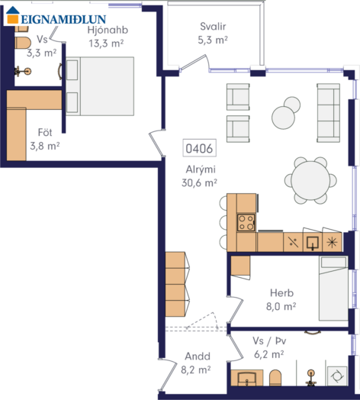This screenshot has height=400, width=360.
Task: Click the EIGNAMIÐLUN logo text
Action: (x=63, y=19)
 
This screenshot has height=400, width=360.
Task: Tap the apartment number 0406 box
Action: (x=199, y=148)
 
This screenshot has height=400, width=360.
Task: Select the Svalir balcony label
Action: (x=213, y=27)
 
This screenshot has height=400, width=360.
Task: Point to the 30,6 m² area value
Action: (x=199, y=183)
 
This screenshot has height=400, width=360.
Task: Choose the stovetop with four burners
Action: (x=246, y=222)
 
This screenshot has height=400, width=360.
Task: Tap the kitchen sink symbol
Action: (x=312, y=243)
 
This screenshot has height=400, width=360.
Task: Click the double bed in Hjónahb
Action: (x=100, y=86)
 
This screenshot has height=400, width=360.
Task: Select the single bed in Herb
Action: (x=333, y=289)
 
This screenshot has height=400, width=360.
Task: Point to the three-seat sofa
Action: (x=329, y=113)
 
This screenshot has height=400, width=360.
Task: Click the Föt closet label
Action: (x=45, y=132)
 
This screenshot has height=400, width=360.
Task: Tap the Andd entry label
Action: (x=198, y=356)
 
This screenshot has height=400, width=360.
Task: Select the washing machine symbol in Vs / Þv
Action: (x=337, y=376)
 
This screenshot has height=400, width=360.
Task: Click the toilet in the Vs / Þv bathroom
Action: (x=275, y=378)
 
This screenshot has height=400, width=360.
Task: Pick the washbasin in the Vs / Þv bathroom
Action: (x=247, y=378)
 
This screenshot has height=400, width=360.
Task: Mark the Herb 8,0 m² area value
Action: (x=281, y=306)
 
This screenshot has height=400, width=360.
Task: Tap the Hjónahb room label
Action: (x=108, y=30)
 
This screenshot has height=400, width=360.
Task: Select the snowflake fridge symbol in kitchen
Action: (x=332, y=242)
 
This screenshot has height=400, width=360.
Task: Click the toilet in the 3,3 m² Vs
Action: (x=23, y=43)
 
